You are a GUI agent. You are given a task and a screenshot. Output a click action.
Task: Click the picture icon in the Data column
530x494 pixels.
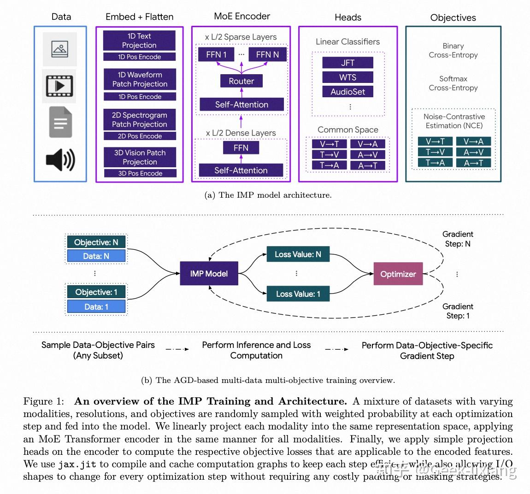click(x=60, y=49)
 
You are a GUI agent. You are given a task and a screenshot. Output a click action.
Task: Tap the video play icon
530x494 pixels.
click(x=59, y=86)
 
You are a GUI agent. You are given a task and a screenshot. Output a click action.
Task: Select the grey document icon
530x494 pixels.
click(x=60, y=122)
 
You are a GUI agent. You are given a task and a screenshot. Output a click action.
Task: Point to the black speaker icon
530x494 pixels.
click(x=60, y=159)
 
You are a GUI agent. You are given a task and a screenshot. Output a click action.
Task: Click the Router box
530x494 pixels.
click(x=241, y=81)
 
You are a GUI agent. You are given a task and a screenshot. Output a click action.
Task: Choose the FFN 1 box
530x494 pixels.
click(x=216, y=54)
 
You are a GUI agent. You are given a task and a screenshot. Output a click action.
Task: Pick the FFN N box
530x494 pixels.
click(x=267, y=54)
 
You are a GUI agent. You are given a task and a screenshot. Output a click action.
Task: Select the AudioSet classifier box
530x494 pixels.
click(x=347, y=92)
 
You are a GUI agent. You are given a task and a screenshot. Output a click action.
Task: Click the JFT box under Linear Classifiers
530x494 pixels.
click(x=347, y=63)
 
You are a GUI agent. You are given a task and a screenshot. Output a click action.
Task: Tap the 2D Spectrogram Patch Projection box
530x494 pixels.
click(x=139, y=120)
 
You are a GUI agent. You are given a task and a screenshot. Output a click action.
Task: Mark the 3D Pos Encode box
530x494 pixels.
click(x=140, y=173)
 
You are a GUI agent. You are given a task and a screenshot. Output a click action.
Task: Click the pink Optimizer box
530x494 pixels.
click(x=398, y=274)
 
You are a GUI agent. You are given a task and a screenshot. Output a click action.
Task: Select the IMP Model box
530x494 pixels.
click(x=209, y=273)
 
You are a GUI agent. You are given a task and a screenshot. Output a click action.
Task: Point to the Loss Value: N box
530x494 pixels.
click(x=298, y=254)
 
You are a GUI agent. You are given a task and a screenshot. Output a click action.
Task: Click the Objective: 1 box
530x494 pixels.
click(x=96, y=292)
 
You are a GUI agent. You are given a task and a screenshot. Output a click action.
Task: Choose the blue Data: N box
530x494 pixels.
click(x=96, y=256)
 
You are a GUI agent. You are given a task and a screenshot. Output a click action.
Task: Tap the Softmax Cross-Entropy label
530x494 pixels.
click(x=453, y=83)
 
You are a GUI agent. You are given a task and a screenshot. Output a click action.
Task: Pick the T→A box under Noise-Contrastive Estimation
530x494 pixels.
click(x=435, y=163)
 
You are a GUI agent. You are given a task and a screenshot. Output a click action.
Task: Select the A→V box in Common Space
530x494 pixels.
click(x=367, y=155)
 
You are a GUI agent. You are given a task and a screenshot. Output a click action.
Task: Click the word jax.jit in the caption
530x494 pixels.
click(x=77, y=464)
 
